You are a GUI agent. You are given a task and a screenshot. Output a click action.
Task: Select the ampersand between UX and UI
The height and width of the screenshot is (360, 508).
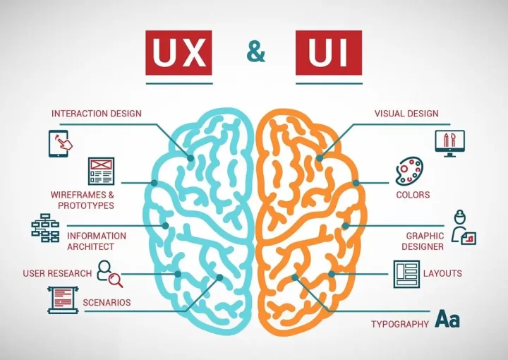click(255, 52)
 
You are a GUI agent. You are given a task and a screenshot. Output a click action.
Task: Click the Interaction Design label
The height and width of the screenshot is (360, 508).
click(97, 114)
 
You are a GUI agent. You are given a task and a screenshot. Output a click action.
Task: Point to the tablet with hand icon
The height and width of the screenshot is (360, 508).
click(61, 143)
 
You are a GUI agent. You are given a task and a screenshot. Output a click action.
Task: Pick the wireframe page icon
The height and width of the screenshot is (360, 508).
click(101, 171)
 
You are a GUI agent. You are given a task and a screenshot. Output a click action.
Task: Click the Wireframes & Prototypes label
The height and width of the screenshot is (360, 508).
click(82, 200)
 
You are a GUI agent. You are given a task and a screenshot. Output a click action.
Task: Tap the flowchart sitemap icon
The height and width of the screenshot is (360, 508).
click(45, 227)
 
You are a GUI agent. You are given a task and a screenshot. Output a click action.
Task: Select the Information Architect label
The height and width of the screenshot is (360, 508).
click(96, 241)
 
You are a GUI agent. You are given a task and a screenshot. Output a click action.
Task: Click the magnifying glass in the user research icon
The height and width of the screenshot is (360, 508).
click(116, 280)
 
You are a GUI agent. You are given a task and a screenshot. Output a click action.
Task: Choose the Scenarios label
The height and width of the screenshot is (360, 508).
click(107, 303)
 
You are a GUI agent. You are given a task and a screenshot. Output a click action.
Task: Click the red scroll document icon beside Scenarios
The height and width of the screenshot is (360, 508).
click(62, 300)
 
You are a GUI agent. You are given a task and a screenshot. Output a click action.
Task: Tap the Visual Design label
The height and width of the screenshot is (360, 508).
click(406, 114)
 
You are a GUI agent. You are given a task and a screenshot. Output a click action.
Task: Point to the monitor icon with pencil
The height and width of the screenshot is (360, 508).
click(449, 143)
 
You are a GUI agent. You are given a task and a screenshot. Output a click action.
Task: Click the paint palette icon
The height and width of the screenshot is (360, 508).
click(409, 172)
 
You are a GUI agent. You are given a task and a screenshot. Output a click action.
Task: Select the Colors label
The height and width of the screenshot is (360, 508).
click(413, 195)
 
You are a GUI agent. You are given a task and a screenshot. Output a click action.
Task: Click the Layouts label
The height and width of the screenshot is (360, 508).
click(442, 273)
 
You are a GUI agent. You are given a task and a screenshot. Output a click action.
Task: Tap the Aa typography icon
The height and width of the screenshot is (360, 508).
click(447, 320)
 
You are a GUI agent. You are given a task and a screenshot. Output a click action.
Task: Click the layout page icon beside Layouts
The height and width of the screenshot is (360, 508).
click(406, 274)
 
